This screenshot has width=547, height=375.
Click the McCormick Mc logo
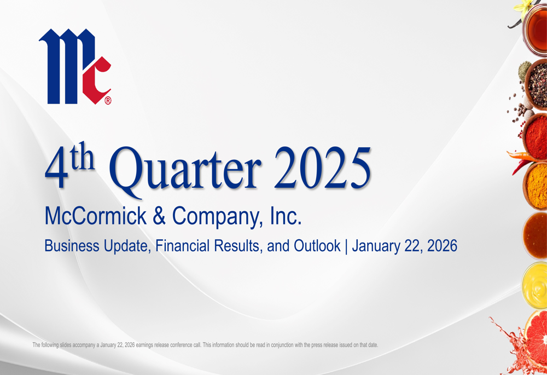pyautogui.click(x=75, y=66)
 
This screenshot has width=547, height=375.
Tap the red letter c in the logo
pyautogui.click(x=96, y=80)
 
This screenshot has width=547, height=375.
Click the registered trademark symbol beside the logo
pyautogui.click(x=108, y=101)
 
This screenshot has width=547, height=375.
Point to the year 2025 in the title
pyautogui.click(x=322, y=168)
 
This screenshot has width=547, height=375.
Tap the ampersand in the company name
pyautogui.click(x=159, y=216)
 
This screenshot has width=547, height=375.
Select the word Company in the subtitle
pyautogui.click(x=217, y=217)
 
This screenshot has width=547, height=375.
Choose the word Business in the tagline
pyautogui.click(x=72, y=246)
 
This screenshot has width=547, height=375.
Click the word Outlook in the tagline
pyautogui.click(x=317, y=245)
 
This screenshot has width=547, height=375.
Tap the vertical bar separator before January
pyautogui.click(x=346, y=246)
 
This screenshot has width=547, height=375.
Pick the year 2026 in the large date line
pyautogui.click(x=442, y=246)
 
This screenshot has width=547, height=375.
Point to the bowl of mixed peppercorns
pyautogui.click(x=536, y=84)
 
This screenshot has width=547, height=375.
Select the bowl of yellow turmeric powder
pyautogui.click(x=536, y=186)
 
